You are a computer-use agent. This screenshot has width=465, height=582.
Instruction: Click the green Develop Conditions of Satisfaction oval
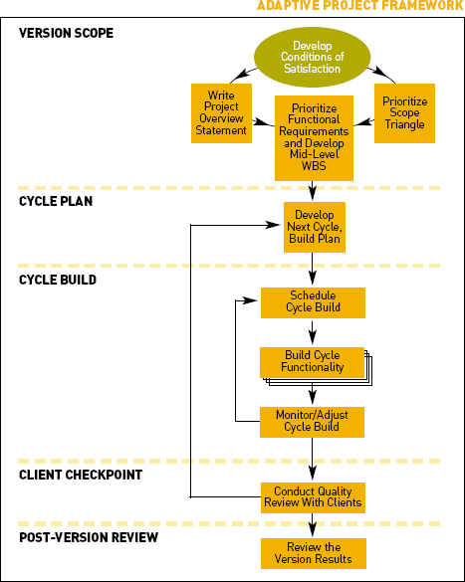tap(312, 57)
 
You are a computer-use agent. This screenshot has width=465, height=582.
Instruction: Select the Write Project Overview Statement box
tap(221, 113)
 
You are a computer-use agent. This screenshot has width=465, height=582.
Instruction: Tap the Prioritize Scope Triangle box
tap(404, 113)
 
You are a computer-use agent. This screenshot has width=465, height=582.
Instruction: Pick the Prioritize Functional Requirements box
tap(314, 138)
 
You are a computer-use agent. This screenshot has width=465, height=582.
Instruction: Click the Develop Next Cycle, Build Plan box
tap(315, 227)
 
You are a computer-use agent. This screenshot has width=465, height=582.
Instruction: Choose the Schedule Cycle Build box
tap(313, 302)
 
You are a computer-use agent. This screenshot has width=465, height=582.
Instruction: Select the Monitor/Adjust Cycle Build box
tap(312, 422)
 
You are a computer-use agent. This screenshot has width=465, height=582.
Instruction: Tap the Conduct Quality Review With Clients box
tap(313, 497)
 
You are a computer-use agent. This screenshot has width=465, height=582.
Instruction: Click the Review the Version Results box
tap(314, 553)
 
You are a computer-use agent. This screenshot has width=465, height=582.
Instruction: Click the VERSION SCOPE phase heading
tap(66, 33)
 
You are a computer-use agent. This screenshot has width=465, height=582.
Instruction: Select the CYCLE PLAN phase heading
tap(56, 201)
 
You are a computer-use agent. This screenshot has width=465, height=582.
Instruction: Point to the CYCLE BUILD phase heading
tap(58, 280)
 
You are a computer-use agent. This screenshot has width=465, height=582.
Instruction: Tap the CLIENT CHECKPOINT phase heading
tap(81, 475)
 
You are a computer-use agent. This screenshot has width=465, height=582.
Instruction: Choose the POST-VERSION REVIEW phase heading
tap(89, 537)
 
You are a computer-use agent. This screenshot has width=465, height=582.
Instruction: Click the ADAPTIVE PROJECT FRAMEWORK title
tap(359, 6)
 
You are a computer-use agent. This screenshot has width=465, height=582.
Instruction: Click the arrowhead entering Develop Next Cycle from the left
tap(272, 225)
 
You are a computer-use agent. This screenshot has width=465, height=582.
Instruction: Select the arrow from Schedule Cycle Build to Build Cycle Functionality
tap(313, 332)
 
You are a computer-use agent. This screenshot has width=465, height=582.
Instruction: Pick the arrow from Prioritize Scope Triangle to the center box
tap(364, 122)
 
